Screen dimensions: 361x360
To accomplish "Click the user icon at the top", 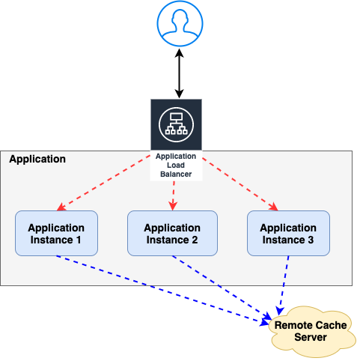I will click(180, 25).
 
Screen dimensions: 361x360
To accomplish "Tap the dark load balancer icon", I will click(176, 124).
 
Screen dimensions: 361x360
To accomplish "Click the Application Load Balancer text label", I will click(175, 165).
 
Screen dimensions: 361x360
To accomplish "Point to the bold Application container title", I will click(37, 160).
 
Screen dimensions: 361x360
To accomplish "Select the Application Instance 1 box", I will click(56, 234).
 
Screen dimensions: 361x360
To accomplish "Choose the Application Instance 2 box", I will click(172, 234).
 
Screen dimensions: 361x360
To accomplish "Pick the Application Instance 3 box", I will click(288, 234).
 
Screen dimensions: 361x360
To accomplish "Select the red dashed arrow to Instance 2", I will click(174, 195).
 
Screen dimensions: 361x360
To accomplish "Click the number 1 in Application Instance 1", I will click(79, 240).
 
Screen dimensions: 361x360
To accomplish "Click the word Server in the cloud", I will click(311, 338).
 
